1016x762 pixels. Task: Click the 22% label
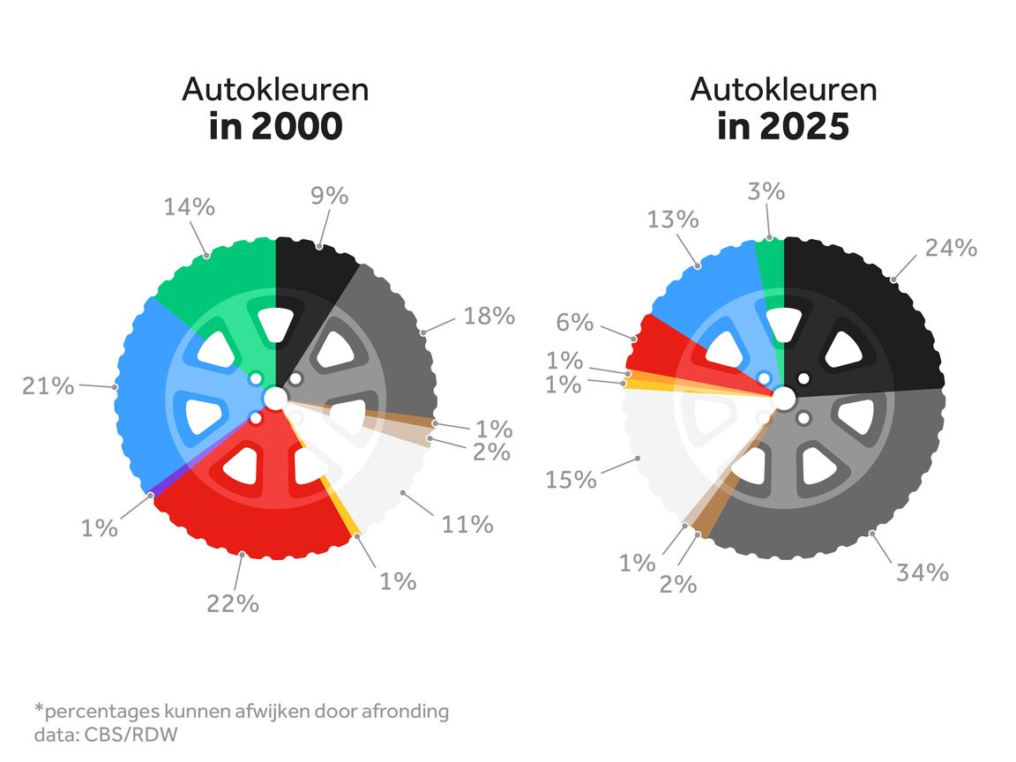point(233,604)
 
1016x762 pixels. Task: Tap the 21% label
point(48,385)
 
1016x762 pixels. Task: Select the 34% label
point(922,572)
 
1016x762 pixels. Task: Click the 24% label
point(951,248)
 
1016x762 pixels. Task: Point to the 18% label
point(489,316)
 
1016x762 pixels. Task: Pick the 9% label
point(329,195)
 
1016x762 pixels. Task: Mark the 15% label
point(571,480)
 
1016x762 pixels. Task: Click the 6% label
point(575,322)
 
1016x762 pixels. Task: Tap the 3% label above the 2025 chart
point(766,191)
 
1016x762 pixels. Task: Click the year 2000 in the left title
point(296,126)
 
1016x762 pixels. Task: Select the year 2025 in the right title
point(804,126)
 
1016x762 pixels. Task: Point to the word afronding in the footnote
point(405,712)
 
